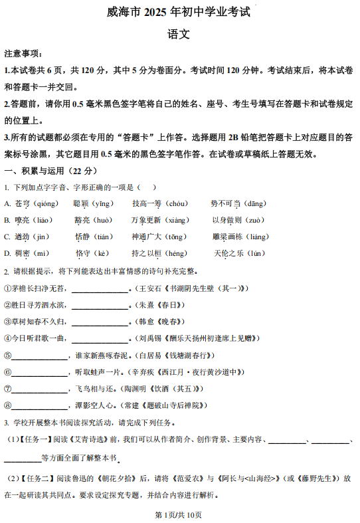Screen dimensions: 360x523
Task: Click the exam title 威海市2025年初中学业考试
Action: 179,12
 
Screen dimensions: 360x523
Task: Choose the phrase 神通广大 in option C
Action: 147,237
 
